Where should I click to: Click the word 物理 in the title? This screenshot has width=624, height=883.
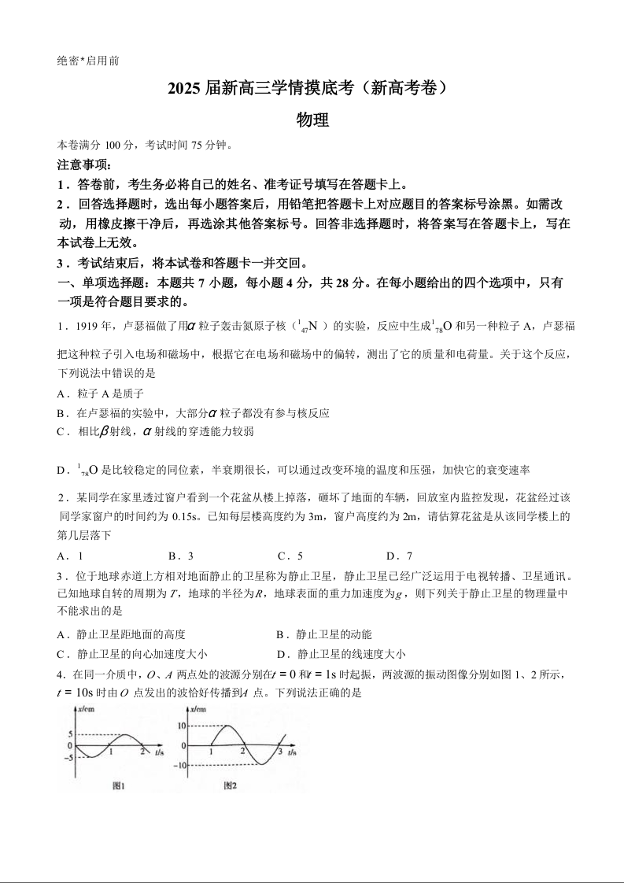point(312,120)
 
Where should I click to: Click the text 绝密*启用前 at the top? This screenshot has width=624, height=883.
point(88,61)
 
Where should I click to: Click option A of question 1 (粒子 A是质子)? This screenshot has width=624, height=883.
point(101,393)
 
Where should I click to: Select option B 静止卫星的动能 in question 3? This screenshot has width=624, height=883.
point(324,634)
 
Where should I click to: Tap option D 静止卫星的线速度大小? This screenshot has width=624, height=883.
point(341,653)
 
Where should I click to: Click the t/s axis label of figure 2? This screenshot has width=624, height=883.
point(290,752)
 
